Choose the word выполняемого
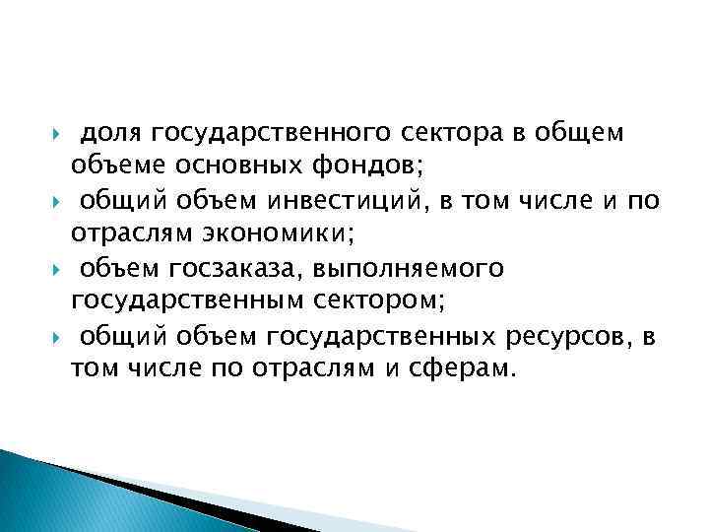point(408,269)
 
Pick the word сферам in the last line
point(469,369)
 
